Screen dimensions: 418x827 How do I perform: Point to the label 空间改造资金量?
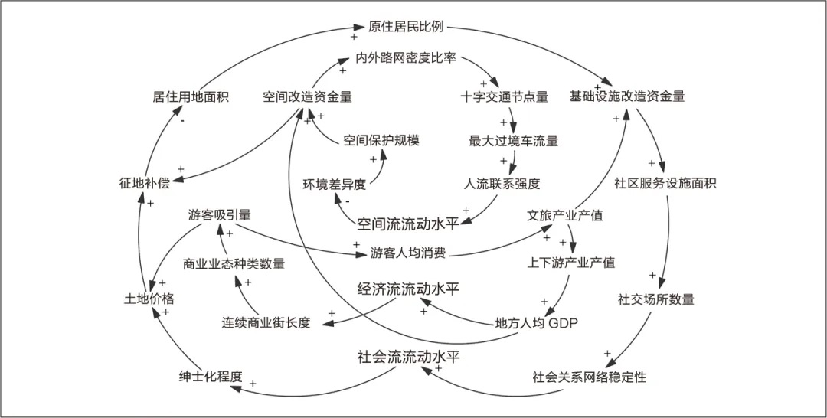(307, 96)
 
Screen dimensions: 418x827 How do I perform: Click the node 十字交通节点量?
(505, 96)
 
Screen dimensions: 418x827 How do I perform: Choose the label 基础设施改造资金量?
(626, 96)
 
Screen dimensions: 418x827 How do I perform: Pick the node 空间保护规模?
(381, 140)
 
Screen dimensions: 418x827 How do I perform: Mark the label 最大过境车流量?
(513, 140)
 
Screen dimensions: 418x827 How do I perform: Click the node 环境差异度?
(334, 184)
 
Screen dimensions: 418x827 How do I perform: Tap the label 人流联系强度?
(502, 184)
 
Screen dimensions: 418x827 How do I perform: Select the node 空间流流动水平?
(407, 224)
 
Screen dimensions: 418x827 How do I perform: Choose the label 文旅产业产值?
(565, 215)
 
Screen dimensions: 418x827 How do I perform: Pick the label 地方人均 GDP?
(536, 323)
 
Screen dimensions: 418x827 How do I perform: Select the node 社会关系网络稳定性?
(590, 377)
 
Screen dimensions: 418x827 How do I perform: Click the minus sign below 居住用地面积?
(182, 119)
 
